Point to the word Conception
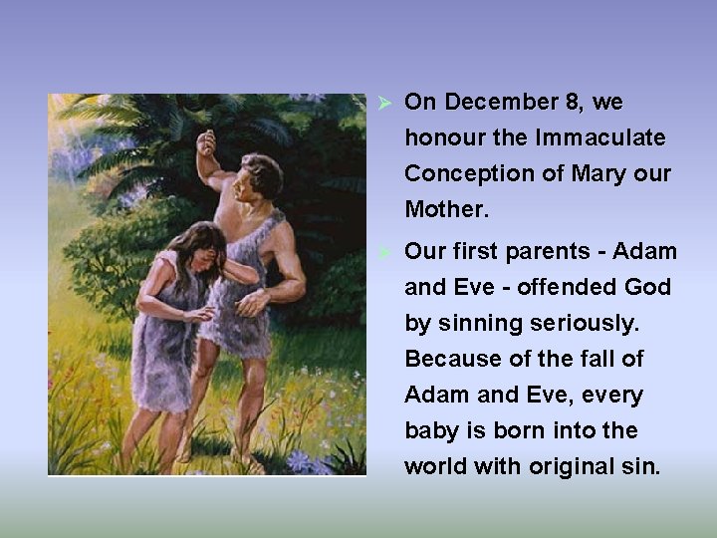click(459, 174)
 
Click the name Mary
click(600, 173)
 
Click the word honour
click(445, 137)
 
